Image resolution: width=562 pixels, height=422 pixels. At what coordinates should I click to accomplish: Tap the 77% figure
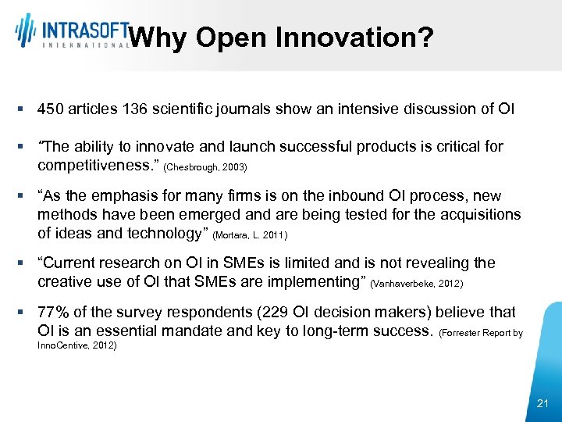coord(53,313)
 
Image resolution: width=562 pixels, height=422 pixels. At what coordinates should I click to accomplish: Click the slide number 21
coord(543,403)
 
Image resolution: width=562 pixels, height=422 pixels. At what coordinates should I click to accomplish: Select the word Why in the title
coord(158,37)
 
